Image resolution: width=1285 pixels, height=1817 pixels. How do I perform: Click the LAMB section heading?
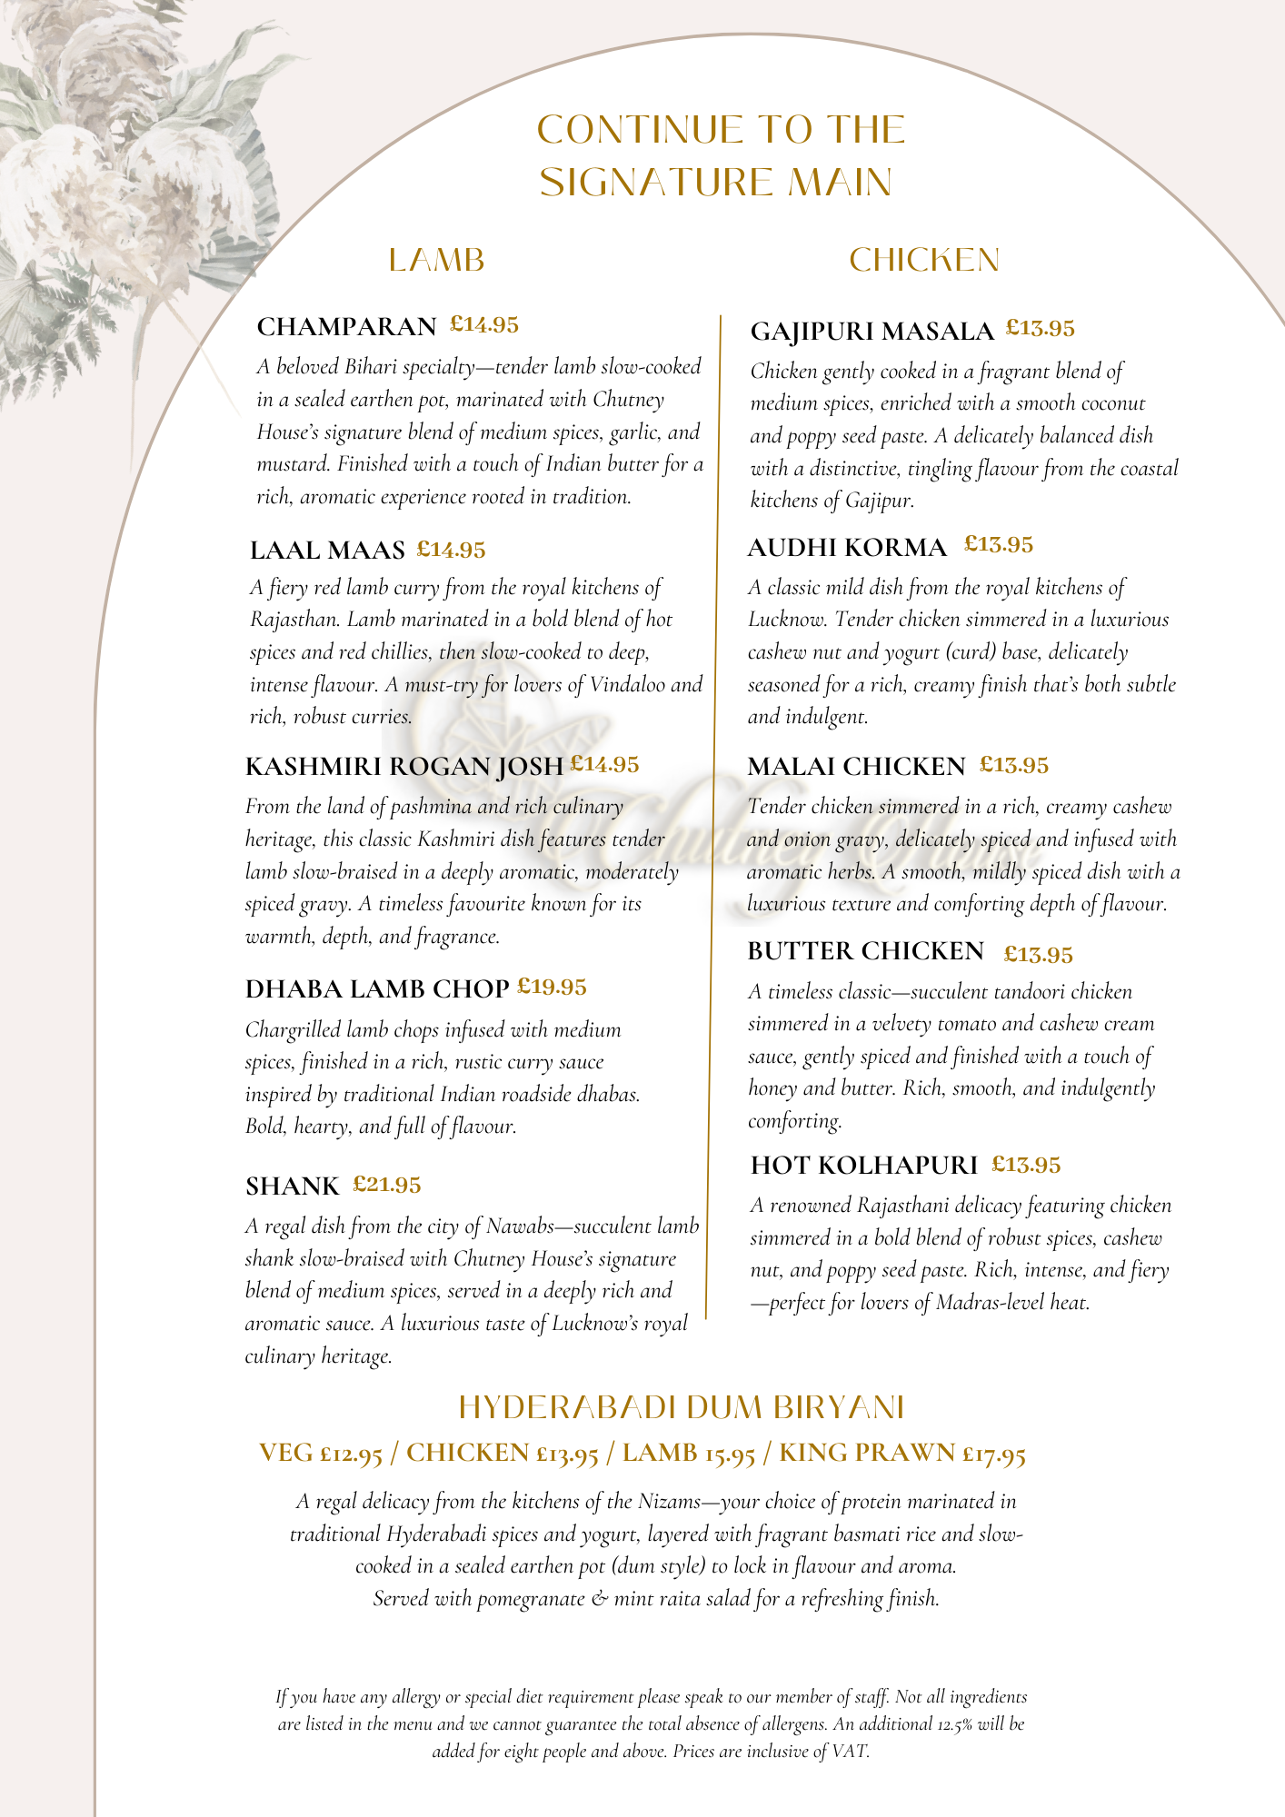click(x=436, y=261)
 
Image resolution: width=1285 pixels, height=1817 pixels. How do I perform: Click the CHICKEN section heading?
click(x=923, y=261)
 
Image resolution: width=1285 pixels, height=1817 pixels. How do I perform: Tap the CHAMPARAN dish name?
click(x=346, y=326)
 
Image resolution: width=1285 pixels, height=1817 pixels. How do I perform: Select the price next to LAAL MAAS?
click(x=451, y=550)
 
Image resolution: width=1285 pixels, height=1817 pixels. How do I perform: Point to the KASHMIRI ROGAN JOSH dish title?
click(x=404, y=767)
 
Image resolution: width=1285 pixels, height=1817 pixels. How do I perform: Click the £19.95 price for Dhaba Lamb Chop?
click(x=552, y=987)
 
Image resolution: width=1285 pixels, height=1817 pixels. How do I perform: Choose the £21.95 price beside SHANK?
click(x=386, y=1185)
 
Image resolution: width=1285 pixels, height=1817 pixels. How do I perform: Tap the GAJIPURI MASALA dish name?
click(x=872, y=332)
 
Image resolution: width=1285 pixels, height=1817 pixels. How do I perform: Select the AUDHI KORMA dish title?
click(x=846, y=548)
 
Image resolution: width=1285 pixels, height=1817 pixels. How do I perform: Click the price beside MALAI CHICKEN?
click(x=1013, y=766)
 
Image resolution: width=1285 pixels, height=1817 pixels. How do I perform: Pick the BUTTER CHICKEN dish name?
click(x=865, y=951)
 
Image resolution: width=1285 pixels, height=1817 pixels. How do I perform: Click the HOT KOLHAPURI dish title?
click(x=863, y=1166)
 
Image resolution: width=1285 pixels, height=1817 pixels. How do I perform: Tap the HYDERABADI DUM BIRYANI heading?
click(x=682, y=1407)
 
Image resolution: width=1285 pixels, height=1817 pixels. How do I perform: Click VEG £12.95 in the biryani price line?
click(x=320, y=1454)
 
